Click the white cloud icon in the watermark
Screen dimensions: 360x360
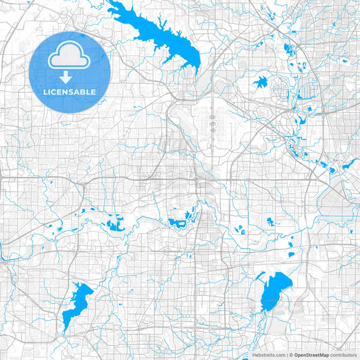coord(70,55)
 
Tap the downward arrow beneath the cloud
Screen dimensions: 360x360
coord(70,76)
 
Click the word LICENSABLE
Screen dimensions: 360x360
coord(70,91)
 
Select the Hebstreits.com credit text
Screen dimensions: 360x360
coord(272,354)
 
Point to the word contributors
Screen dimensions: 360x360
coord(345,354)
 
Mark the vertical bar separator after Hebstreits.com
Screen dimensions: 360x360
coord(288,354)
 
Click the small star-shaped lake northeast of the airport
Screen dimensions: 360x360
coord(261,83)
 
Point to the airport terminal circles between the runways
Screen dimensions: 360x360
coord(213,119)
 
